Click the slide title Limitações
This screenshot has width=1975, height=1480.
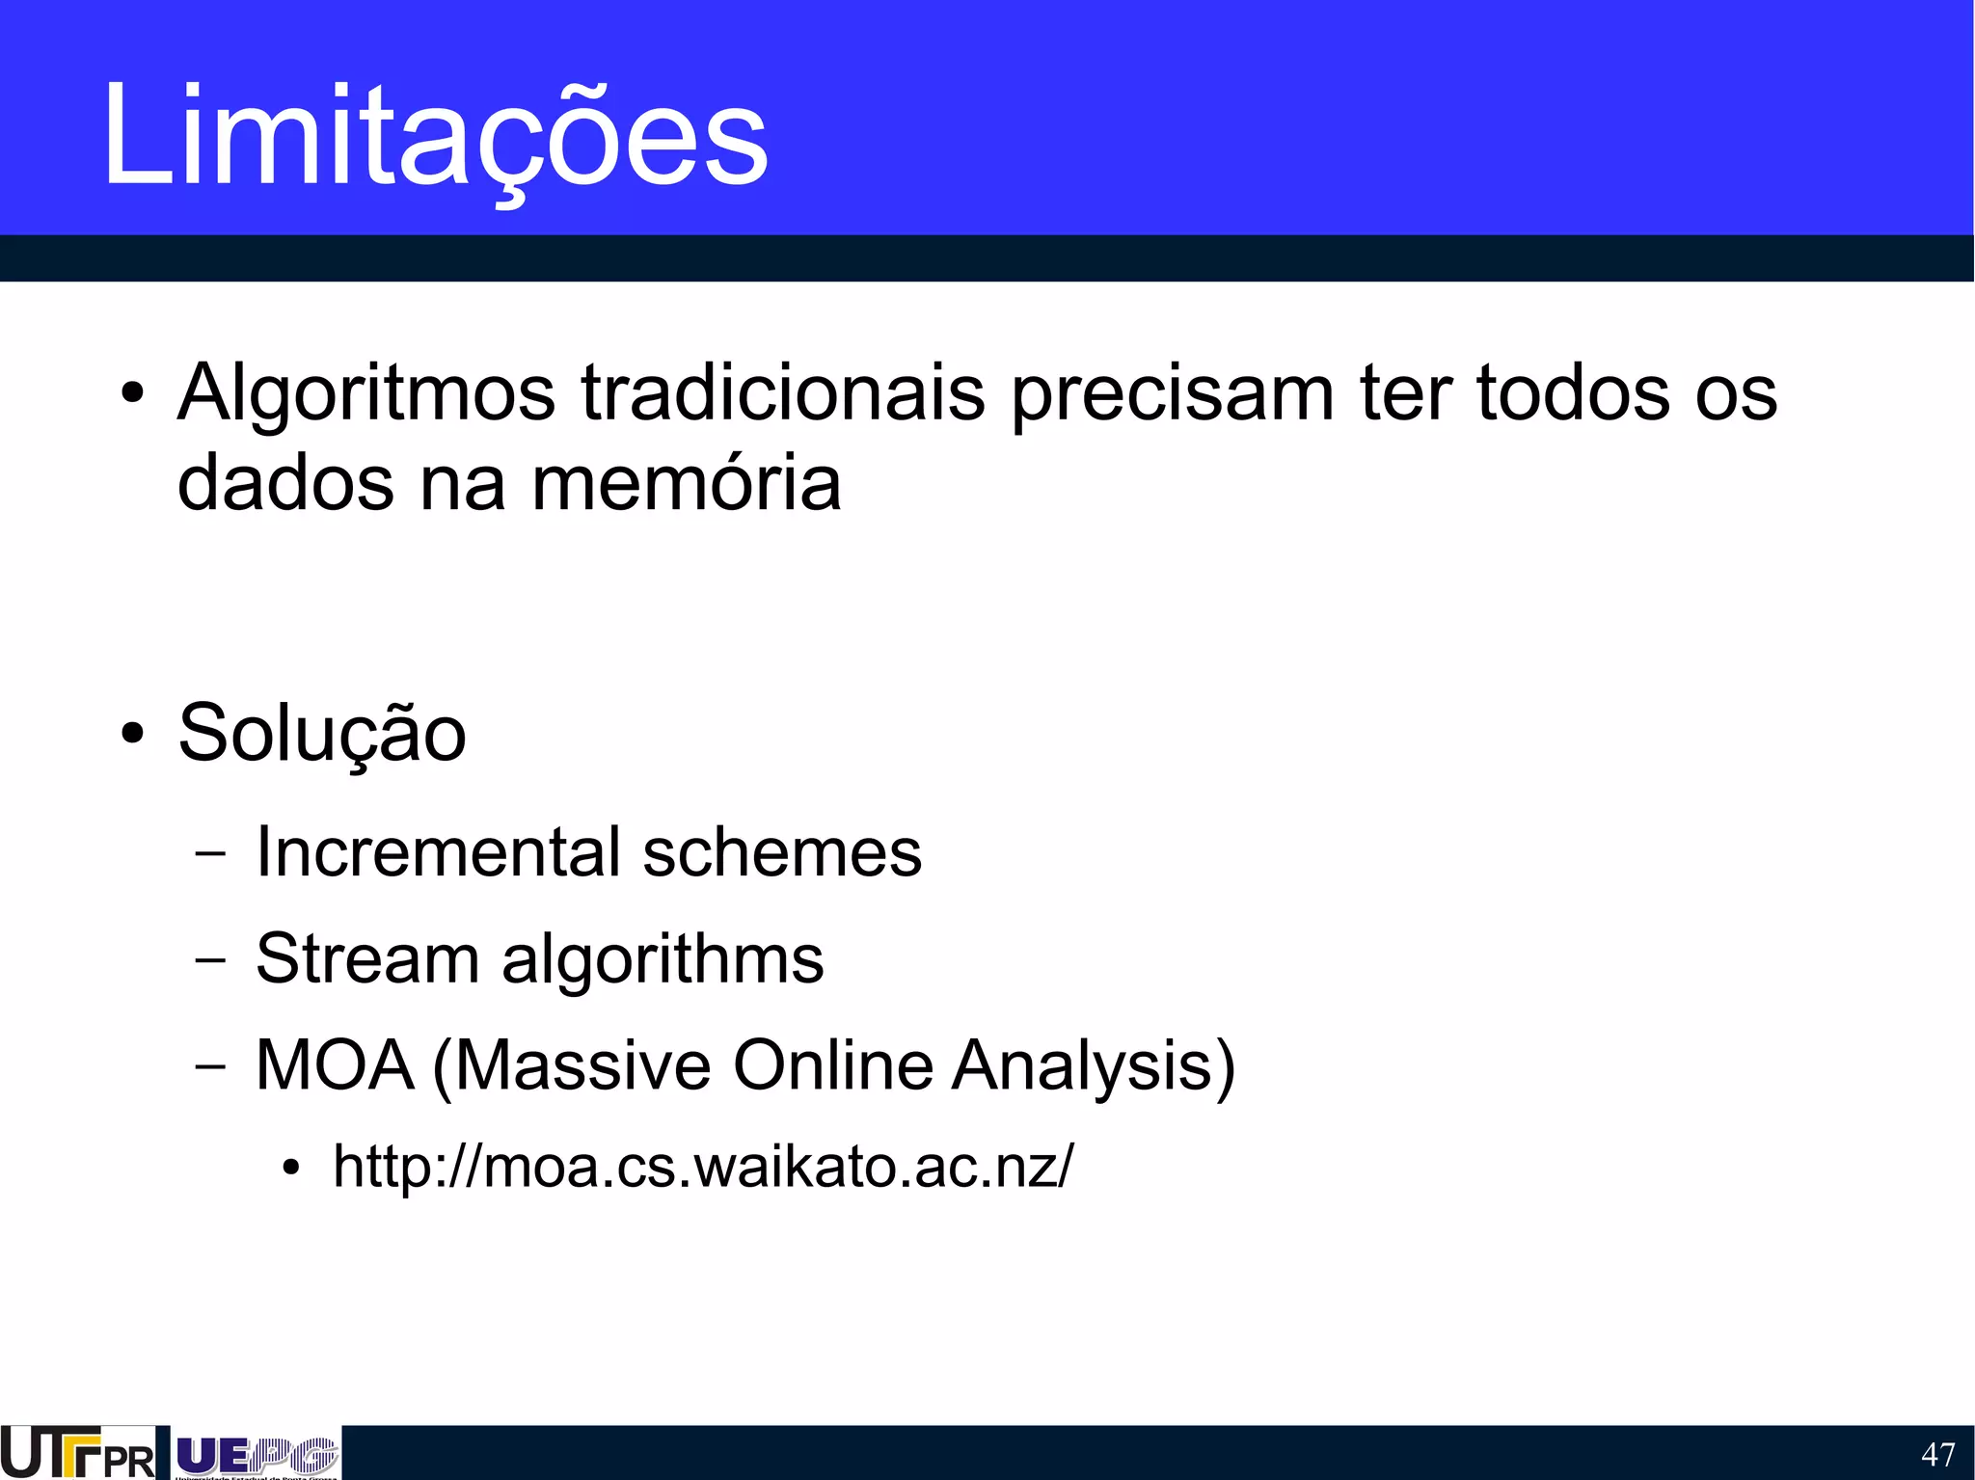coord(434,135)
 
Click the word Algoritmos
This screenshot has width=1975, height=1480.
coord(366,393)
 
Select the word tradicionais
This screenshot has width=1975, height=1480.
coord(783,393)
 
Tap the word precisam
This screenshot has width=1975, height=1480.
coord(1173,393)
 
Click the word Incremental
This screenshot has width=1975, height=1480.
coord(439,852)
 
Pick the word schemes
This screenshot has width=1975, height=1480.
coord(782,852)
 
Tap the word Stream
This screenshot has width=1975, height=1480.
coord(367,958)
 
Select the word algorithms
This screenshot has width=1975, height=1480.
coord(663,960)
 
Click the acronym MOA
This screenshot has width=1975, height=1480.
coord(335,1065)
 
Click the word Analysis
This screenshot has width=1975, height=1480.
coord(1094,1065)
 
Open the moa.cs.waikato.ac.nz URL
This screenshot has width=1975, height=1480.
coord(702,1166)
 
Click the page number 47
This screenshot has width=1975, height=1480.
coord(1937,1454)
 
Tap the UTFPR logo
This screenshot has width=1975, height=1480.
coord(77,1453)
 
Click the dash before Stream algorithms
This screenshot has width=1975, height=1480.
coord(209,960)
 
